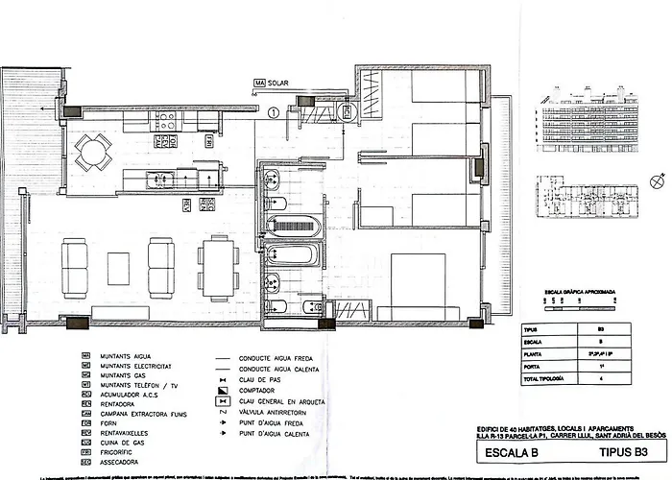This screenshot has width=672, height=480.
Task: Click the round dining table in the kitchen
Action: tap(93, 150)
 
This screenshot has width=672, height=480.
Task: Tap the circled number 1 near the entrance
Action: tap(274, 113)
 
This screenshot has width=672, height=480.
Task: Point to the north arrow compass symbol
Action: tap(658, 179)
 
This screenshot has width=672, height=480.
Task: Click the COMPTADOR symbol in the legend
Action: tap(223, 391)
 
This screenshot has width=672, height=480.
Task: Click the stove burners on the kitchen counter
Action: tap(164, 121)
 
